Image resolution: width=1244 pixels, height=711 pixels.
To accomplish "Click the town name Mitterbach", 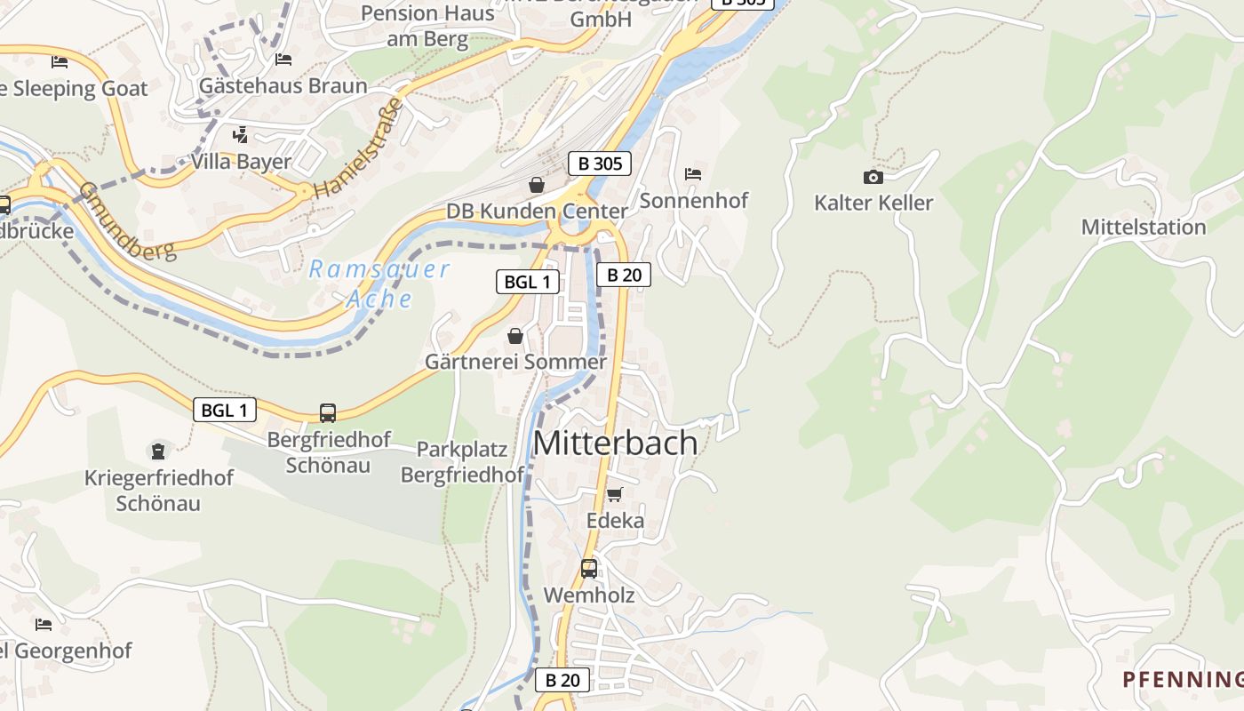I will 616,443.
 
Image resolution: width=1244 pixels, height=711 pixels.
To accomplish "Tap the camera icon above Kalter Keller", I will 873,177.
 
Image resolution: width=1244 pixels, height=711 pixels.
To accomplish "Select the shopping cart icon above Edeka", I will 614,494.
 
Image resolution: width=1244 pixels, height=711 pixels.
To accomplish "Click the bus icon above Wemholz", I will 588,568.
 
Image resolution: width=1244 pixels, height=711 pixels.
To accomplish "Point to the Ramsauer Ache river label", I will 379,284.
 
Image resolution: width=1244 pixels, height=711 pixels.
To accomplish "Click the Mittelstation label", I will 1144,227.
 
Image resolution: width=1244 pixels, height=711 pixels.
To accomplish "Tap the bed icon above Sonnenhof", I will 693,173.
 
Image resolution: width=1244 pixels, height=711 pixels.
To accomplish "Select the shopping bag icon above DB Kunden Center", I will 537,185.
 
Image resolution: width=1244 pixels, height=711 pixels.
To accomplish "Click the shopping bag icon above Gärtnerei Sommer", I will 514,336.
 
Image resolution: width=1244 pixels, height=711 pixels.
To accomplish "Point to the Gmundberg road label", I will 126,221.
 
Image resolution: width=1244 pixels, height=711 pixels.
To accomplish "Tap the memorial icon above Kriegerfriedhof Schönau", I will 158,451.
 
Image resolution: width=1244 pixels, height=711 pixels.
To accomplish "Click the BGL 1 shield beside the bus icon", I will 225,410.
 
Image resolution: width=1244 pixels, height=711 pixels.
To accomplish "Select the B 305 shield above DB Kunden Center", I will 600,164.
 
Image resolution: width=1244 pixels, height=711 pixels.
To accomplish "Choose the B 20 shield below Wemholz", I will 562,680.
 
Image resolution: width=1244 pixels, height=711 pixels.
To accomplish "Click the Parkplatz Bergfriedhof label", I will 462,462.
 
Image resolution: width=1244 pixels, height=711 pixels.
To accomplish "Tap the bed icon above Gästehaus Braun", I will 283,60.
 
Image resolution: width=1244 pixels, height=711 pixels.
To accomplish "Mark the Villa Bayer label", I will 241,162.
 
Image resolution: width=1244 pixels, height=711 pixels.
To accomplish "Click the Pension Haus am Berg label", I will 427,27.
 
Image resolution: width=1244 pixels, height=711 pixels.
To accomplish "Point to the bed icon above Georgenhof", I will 43,624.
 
